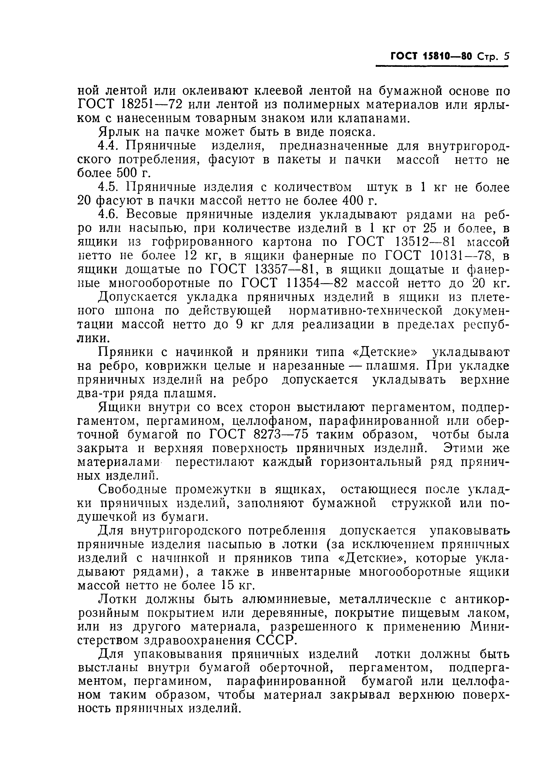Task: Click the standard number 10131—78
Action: (x=467, y=256)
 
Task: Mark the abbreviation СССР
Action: (x=279, y=641)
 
